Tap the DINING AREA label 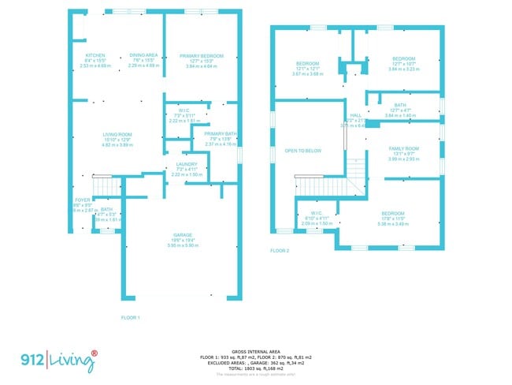(x=144, y=56)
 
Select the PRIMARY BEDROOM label (x=202, y=56)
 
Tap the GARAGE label (x=183, y=235)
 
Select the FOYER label (x=82, y=200)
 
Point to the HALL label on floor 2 (x=355, y=114)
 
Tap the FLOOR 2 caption (x=280, y=251)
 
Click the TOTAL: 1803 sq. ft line (x=256, y=368)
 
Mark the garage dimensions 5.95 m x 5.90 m (x=183, y=245)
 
